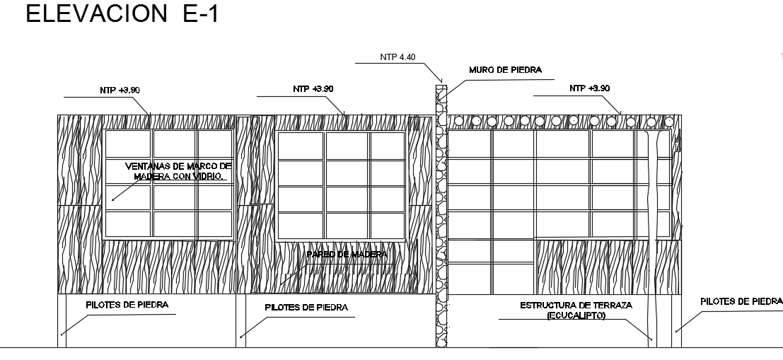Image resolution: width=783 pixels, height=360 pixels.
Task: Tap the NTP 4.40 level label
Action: coord(398,57)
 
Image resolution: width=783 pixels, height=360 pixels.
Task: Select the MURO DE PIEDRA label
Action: coord(505,70)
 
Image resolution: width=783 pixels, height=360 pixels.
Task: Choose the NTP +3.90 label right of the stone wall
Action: coord(588,88)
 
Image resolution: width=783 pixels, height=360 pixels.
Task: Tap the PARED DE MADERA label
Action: coord(347,255)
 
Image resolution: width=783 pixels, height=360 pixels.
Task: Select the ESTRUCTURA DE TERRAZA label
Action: coord(576,306)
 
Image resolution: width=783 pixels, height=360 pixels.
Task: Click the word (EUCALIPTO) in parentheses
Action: coord(576,315)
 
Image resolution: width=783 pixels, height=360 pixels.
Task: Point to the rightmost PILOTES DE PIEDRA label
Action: coord(741,301)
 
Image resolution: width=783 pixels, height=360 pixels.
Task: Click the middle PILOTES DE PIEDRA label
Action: coord(306,308)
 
